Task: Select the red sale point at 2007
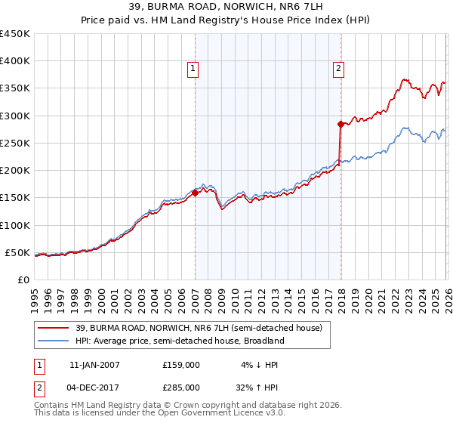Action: point(195,193)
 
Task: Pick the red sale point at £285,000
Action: point(341,124)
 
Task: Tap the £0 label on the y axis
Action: point(23,279)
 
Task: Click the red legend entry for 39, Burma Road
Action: point(199,327)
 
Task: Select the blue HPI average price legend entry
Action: point(179,341)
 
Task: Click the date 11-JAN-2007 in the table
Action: point(94,364)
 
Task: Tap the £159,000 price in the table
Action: point(180,364)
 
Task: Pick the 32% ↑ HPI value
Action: point(257,387)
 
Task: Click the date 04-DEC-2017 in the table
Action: point(94,387)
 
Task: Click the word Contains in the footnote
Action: point(53,406)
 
